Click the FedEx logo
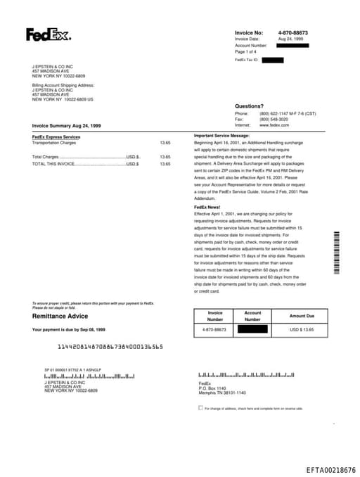click(48, 34)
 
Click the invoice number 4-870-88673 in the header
click(292, 33)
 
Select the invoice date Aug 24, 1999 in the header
click(290, 39)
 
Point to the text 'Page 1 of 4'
click(245, 51)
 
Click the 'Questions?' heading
click(249, 106)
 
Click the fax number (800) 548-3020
click(274, 119)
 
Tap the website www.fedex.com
click(274, 125)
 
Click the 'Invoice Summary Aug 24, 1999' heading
click(66, 125)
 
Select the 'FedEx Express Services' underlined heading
click(56, 136)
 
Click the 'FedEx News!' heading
click(207, 207)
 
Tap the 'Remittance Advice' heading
click(60, 316)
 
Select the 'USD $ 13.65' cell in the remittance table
click(302, 329)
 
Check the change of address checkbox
click(200, 407)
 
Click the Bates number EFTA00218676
click(330, 470)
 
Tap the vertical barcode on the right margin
click(337, 253)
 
